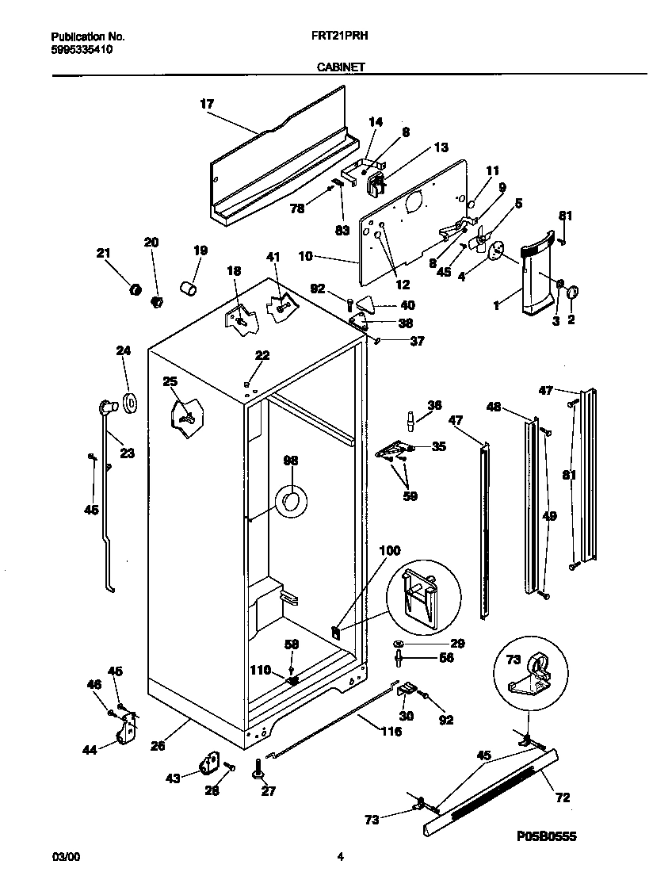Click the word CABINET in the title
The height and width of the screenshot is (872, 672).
341,67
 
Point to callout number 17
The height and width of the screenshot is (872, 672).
207,104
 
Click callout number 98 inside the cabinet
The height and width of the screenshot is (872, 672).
291,461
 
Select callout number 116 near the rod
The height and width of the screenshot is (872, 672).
391,731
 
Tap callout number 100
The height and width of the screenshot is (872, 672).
391,549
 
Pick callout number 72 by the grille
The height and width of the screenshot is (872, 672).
563,797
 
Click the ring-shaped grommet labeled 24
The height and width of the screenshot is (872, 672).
129,402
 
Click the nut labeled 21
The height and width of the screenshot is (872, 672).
136,290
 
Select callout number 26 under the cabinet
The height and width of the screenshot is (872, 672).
158,744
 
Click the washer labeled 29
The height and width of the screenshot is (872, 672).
398,643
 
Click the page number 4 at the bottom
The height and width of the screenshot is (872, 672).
340,856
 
